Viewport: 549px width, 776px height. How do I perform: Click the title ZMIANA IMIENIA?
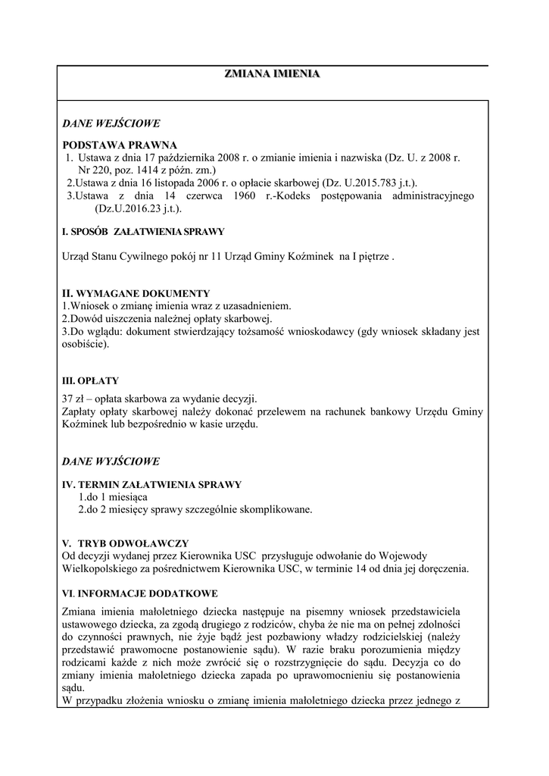tap(272, 74)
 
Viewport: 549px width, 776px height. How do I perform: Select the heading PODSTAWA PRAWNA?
tap(119, 145)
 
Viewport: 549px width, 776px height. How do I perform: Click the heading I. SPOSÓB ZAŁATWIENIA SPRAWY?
tap(143, 232)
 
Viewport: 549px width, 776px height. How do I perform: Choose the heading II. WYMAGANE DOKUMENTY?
tap(136, 293)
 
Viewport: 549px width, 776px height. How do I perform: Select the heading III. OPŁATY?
tap(90, 380)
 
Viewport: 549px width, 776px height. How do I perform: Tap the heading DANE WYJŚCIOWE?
tap(111, 461)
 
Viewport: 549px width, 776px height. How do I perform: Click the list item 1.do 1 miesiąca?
tap(113, 497)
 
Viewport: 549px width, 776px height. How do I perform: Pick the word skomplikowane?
tap(275, 509)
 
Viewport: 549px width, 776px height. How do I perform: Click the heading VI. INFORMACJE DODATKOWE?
tap(140, 593)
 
